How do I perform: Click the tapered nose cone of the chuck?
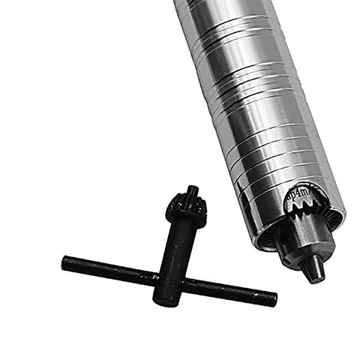tap(309, 259)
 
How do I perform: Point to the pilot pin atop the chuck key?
tap(192, 192)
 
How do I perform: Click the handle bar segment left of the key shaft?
tap(112, 270)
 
